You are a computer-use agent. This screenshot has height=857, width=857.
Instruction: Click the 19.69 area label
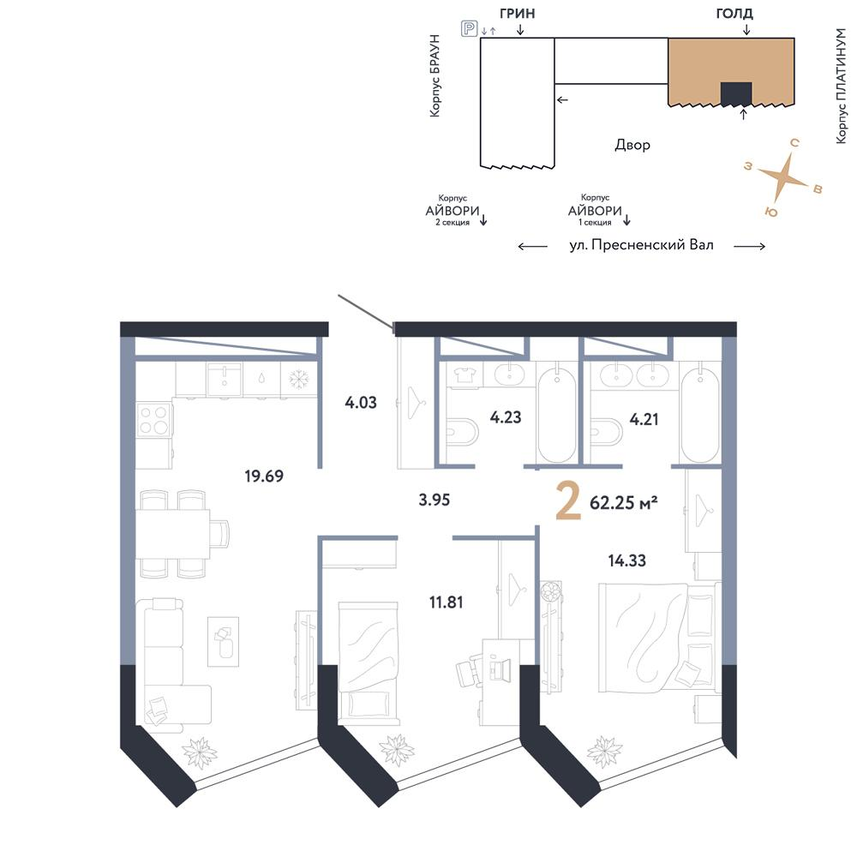[264, 476]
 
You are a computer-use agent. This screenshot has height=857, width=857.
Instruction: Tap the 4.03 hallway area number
[361, 403]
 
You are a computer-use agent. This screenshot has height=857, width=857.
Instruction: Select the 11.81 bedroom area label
[446, 602]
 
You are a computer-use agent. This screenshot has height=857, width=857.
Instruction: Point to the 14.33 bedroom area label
[627, 560]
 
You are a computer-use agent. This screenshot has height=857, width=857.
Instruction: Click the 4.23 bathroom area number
[506, 417]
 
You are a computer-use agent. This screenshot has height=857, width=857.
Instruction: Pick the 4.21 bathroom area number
[644, 420]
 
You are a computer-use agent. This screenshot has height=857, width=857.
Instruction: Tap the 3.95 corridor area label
[434, 500]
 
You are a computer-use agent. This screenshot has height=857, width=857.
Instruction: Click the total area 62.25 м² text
[624, 503]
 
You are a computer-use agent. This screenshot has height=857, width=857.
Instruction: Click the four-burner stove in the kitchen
[154, 420]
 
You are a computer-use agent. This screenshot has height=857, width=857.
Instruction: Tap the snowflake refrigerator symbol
[299, 378]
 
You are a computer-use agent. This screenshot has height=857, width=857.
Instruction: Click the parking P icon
[470, 28]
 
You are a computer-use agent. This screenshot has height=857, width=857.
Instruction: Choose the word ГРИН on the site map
[517, 14]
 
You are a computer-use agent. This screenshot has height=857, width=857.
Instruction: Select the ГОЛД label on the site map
[734, 13]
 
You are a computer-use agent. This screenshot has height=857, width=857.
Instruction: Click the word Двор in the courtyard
[632, 145]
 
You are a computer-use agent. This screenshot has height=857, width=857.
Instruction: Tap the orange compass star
[783, 177]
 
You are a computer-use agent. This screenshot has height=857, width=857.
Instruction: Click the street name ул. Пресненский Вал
[641, 245]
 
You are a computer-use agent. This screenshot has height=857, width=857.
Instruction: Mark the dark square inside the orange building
[736, 93]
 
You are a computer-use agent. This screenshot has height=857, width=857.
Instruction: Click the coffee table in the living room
[223, 642]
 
